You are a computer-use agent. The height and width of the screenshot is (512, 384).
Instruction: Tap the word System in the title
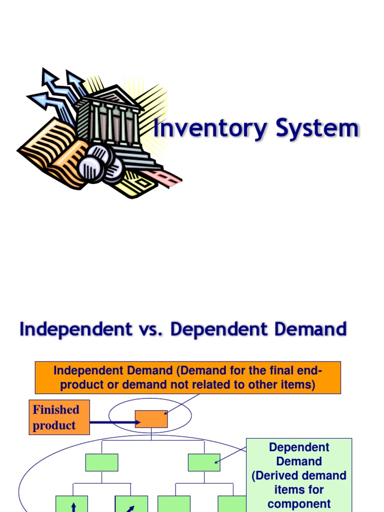[317, 128]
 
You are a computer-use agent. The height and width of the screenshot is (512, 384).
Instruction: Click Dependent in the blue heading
[219, 329]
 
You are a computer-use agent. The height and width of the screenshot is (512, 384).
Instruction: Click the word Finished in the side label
[56, 409]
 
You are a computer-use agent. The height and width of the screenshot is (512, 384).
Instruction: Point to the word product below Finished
[54, 425]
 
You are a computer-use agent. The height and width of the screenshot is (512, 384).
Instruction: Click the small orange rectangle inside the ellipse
[151, 419]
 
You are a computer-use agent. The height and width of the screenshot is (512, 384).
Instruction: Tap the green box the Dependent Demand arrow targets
[204, 462]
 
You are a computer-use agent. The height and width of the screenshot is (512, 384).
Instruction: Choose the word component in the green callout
[299, 503]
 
